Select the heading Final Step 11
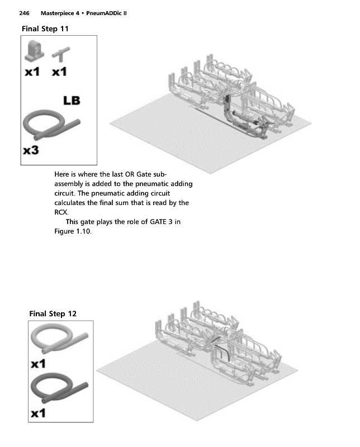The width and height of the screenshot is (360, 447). (45, 28)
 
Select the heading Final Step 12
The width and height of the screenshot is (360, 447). (53, 313)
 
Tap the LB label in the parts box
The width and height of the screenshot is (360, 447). (72, 101)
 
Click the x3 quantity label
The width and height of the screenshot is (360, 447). (31, 151)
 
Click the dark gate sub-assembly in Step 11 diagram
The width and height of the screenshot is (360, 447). (235, 115)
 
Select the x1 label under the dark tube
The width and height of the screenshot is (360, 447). (39, 414)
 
